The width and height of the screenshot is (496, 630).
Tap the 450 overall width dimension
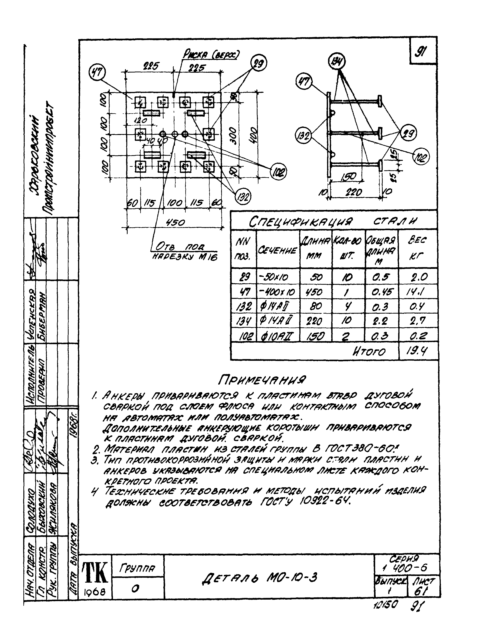tap(175, 223)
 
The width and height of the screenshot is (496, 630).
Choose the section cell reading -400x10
tap(277, 292)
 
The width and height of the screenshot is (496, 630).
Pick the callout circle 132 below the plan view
tap(242, 197)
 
